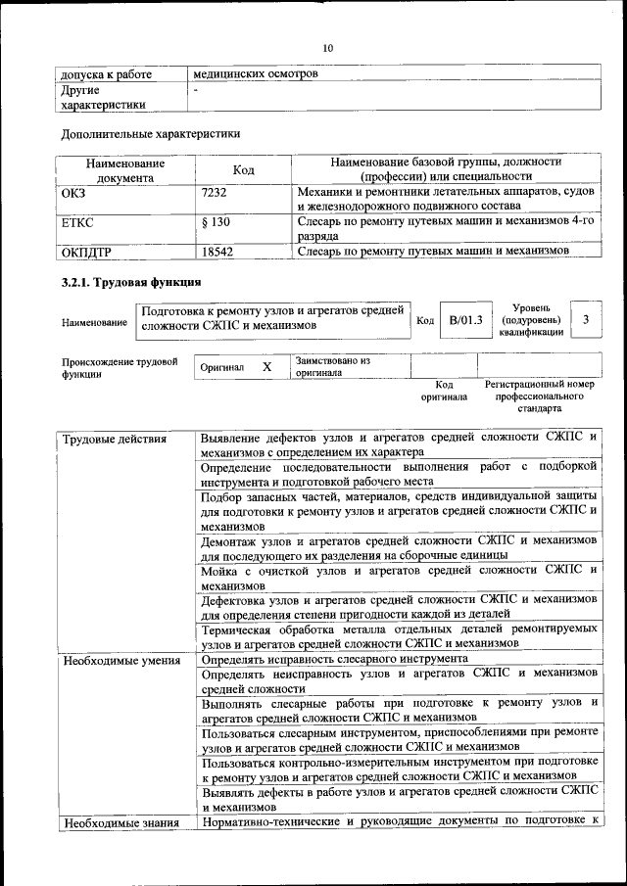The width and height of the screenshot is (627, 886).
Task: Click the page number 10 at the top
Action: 328,49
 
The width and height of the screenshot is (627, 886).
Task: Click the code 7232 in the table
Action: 214,194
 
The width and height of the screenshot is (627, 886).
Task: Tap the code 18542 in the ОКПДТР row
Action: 217,252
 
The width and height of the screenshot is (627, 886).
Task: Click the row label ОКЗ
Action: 74,194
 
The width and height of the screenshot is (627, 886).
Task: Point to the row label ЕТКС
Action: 78,222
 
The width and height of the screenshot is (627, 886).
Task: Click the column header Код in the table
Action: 243,170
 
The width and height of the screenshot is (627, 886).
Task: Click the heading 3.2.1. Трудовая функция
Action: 124,284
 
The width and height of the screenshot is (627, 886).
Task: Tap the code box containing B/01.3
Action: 465,320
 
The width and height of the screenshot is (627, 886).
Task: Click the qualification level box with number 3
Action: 586,319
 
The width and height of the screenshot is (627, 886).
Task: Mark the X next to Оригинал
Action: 266,366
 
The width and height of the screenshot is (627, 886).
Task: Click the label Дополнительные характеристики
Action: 150,133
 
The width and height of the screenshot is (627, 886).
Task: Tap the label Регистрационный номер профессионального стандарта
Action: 539,397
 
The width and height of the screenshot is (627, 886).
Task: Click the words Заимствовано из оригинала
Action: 333,367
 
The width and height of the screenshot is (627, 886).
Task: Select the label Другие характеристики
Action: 103,97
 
